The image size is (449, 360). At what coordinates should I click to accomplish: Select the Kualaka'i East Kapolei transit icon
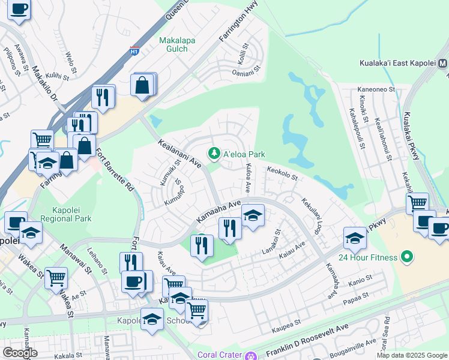pos(443,63)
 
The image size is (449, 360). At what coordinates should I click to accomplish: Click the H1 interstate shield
pos(134,50)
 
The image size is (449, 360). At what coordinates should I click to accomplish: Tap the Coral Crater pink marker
pos(250,355)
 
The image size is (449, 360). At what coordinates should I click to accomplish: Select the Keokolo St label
pos(282,172)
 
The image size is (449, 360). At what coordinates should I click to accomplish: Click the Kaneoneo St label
pos(375,89)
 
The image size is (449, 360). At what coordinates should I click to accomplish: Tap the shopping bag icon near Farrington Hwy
pos(143,85)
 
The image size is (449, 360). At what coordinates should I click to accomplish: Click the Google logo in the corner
pos(20,352)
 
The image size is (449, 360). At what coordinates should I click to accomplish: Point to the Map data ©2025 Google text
pos(411,355)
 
